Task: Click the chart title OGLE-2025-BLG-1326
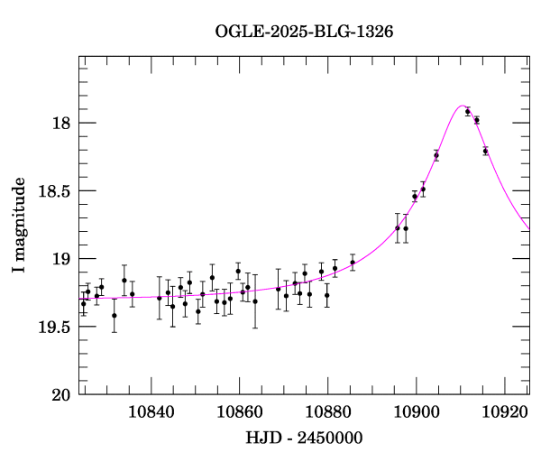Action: (304, 32)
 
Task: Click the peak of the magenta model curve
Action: (462, 106)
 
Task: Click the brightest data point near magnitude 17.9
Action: (468, 112)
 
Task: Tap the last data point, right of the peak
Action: (485, 151)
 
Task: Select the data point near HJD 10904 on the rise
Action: (436, 155)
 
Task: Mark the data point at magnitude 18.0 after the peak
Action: (477, 120)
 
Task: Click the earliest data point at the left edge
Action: (84, 303)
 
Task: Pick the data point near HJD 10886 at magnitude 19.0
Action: (353, 263)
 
